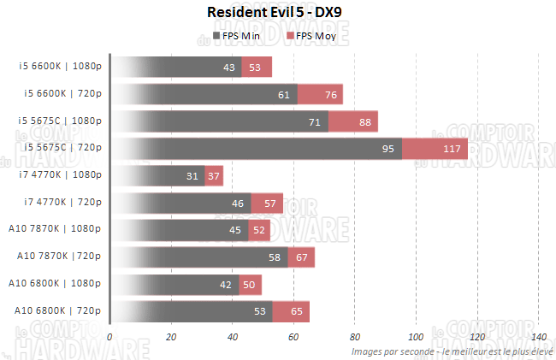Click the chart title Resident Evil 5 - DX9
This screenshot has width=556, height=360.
click(278, 13)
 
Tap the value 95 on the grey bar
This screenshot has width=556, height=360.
click(387, 149)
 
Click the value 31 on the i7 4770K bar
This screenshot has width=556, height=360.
click(191, 176)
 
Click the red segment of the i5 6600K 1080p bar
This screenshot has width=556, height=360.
click(257, 68)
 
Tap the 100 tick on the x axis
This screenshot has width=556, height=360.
click(416, 337)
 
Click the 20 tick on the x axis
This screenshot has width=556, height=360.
click(171, 337)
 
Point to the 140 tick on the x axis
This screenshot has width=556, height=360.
click(537, 337)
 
